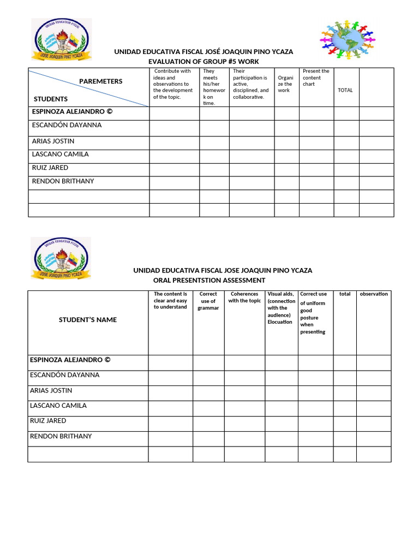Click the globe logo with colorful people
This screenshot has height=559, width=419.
click(348, 39)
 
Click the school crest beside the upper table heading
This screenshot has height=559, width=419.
click(61, 40)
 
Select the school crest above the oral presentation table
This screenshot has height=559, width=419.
click(61, 258)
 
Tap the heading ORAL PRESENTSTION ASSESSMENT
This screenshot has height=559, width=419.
click(209, 280)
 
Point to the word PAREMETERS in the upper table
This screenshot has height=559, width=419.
click(101, 81)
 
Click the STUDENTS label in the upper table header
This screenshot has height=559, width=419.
click(51, 99)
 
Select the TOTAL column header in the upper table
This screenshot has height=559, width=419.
click(345, 90)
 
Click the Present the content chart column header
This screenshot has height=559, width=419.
click(315, 78)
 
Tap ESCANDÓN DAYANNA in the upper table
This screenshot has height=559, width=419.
click(67, 125)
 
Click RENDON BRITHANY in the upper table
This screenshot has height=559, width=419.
click(63, 181)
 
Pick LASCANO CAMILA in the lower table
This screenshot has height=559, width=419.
click(58, 406)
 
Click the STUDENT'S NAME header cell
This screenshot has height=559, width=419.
click(88, 319)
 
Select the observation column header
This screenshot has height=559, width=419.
click(374, 294)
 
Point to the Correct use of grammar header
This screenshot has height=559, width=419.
click(208, 301)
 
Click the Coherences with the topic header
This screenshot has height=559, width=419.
click(244, 298)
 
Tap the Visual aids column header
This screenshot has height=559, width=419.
click(281, 308)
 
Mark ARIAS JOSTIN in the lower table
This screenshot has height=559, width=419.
click(51, 390)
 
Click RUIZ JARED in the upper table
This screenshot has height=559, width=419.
click(50, 168)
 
